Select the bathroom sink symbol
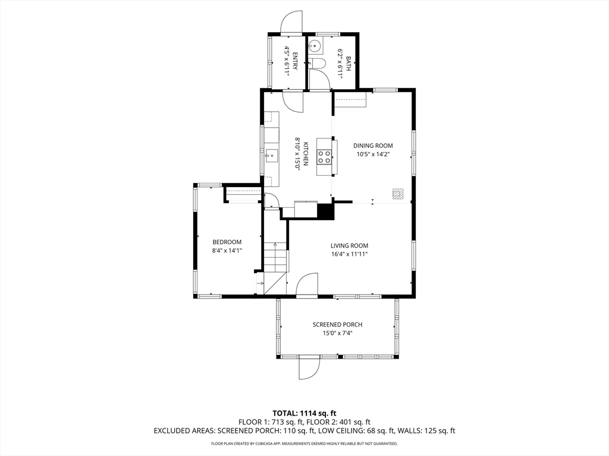click(316, 45)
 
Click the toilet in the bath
click(316, 63)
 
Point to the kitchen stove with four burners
click(325, 157)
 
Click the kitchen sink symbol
click(271, 156)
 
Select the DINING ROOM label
click(373, 145)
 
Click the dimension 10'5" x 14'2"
click(373, 154)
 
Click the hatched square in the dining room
click(398, 194)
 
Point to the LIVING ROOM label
click(349, 246)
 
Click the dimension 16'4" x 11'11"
click(349, 254)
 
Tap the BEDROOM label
click(227, 242)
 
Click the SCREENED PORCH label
click(337, 325)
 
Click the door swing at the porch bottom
click(310, 368)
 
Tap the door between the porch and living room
click(307, 285)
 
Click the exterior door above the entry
click(291, 23)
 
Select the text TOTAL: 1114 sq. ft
click(304, 413)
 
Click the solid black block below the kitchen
click(325, 211)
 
